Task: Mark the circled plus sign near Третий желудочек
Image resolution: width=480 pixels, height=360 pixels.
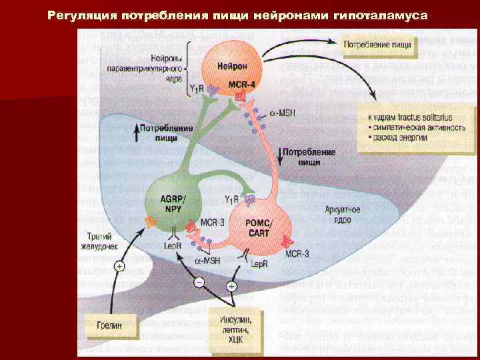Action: click(119, 266)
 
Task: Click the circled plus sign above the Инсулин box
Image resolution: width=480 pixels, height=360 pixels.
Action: click(232, 285)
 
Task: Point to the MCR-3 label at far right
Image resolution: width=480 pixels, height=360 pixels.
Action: click(298, 253)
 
